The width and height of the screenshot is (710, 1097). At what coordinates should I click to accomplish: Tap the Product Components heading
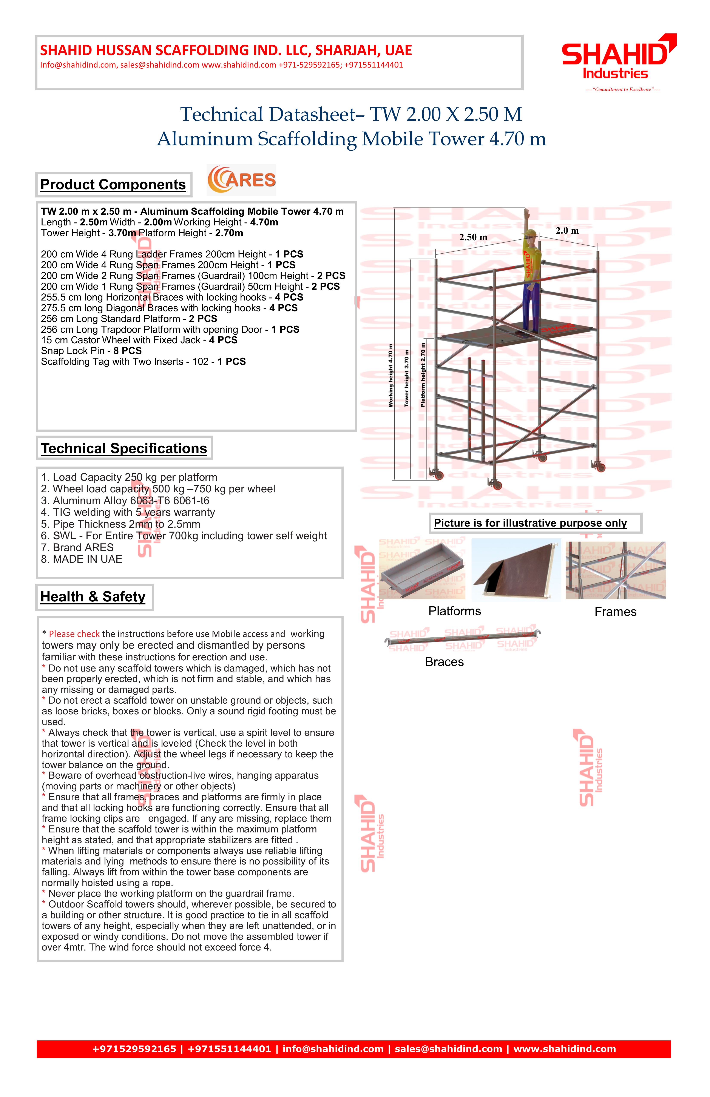(x=113, y=184)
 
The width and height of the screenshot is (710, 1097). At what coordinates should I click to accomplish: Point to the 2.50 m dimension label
(x=473, y=237)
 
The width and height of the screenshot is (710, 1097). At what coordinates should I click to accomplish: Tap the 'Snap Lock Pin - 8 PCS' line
(x=91, y=351)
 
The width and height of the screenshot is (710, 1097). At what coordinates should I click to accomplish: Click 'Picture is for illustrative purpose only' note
(x=530, y=523)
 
